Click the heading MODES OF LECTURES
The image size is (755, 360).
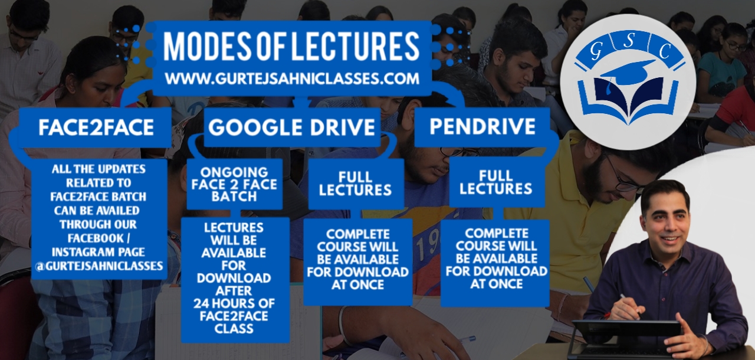[x=291, y=47]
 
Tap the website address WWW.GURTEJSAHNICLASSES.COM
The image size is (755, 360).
[x=292, y=79]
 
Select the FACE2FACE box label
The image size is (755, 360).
[x=96, y=127]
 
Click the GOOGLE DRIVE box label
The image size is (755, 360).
[x=291, y=127]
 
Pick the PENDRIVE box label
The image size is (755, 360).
[x=482, y=126]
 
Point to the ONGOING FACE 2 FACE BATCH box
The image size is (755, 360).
[x=234, y=184]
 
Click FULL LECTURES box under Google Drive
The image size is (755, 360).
[x=356, y=184]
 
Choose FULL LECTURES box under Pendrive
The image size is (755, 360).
[x=496, y=183]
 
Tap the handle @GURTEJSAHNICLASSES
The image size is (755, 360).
[x=99, y=266]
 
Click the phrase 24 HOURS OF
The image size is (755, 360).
[x=234, y=303]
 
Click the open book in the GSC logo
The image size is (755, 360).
[x=628, y=101]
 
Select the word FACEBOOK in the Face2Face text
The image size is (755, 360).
[x=96, y=238]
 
